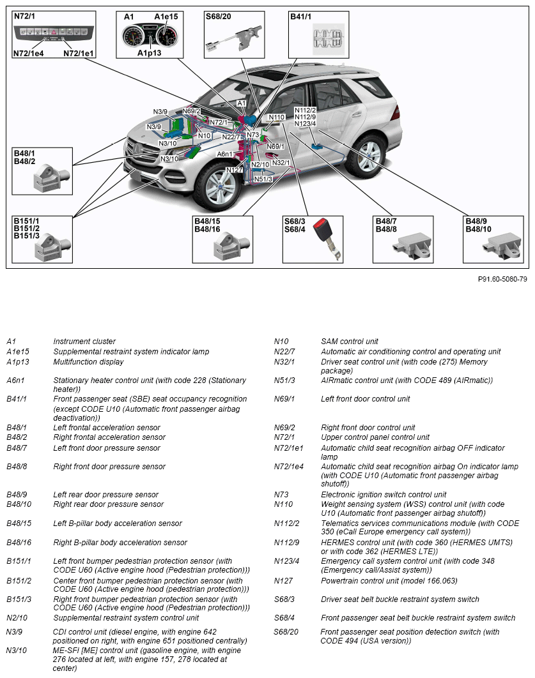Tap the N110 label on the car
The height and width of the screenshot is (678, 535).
coord(276,117)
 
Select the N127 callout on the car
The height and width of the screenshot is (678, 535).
coord(235,170)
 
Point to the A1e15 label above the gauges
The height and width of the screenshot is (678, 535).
coord(166,16)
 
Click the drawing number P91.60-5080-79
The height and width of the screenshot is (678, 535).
coord(502,279)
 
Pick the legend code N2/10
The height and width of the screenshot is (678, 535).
coord(17,618)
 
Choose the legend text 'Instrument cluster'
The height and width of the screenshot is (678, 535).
coord(84,342)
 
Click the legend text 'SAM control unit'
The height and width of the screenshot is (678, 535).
coord(350,342)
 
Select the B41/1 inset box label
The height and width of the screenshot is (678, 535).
coord(301,17)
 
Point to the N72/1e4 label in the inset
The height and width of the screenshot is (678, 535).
coord(28,54)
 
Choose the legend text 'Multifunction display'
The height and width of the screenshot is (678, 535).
coord(89,362)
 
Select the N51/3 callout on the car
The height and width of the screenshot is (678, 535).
coord(263,179)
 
